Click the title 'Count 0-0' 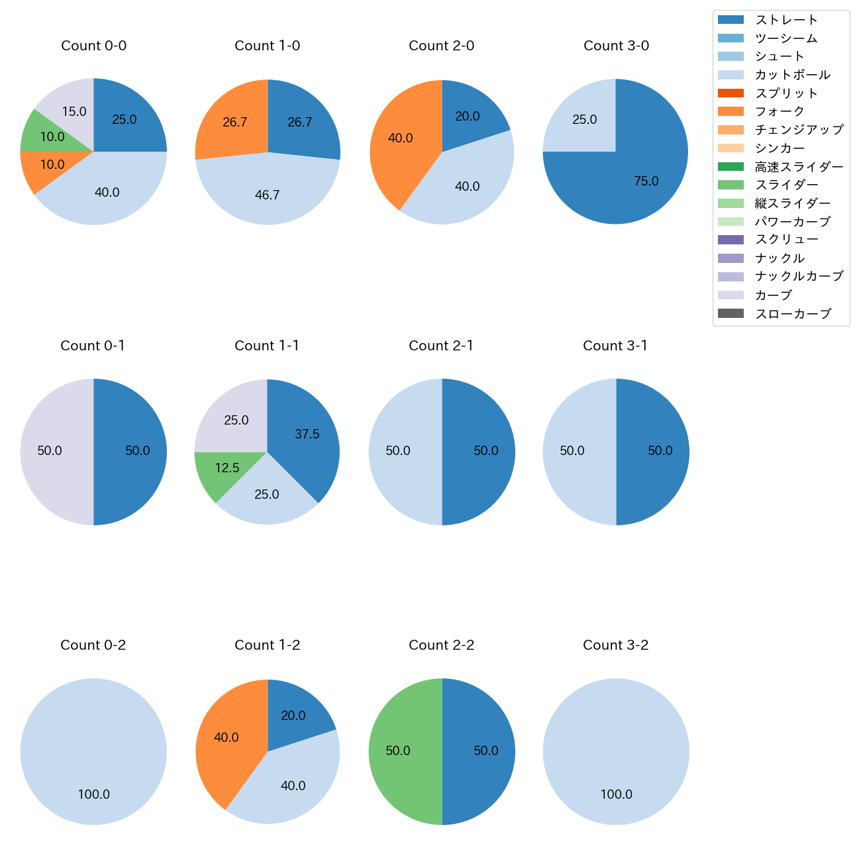coord(93,46)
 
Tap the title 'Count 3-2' coord(615,645)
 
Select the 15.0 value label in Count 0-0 coord(74,112)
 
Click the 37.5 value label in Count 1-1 coord(307,434)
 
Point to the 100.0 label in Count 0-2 coord(94,794)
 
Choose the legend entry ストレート coord(786,20)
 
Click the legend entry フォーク coord(780,111)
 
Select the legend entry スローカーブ coord(793,314)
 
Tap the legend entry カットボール coord(792,75)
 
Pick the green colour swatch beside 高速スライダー coord(731,166)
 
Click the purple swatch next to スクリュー coord(731,240)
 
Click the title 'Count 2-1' coord(441,346)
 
